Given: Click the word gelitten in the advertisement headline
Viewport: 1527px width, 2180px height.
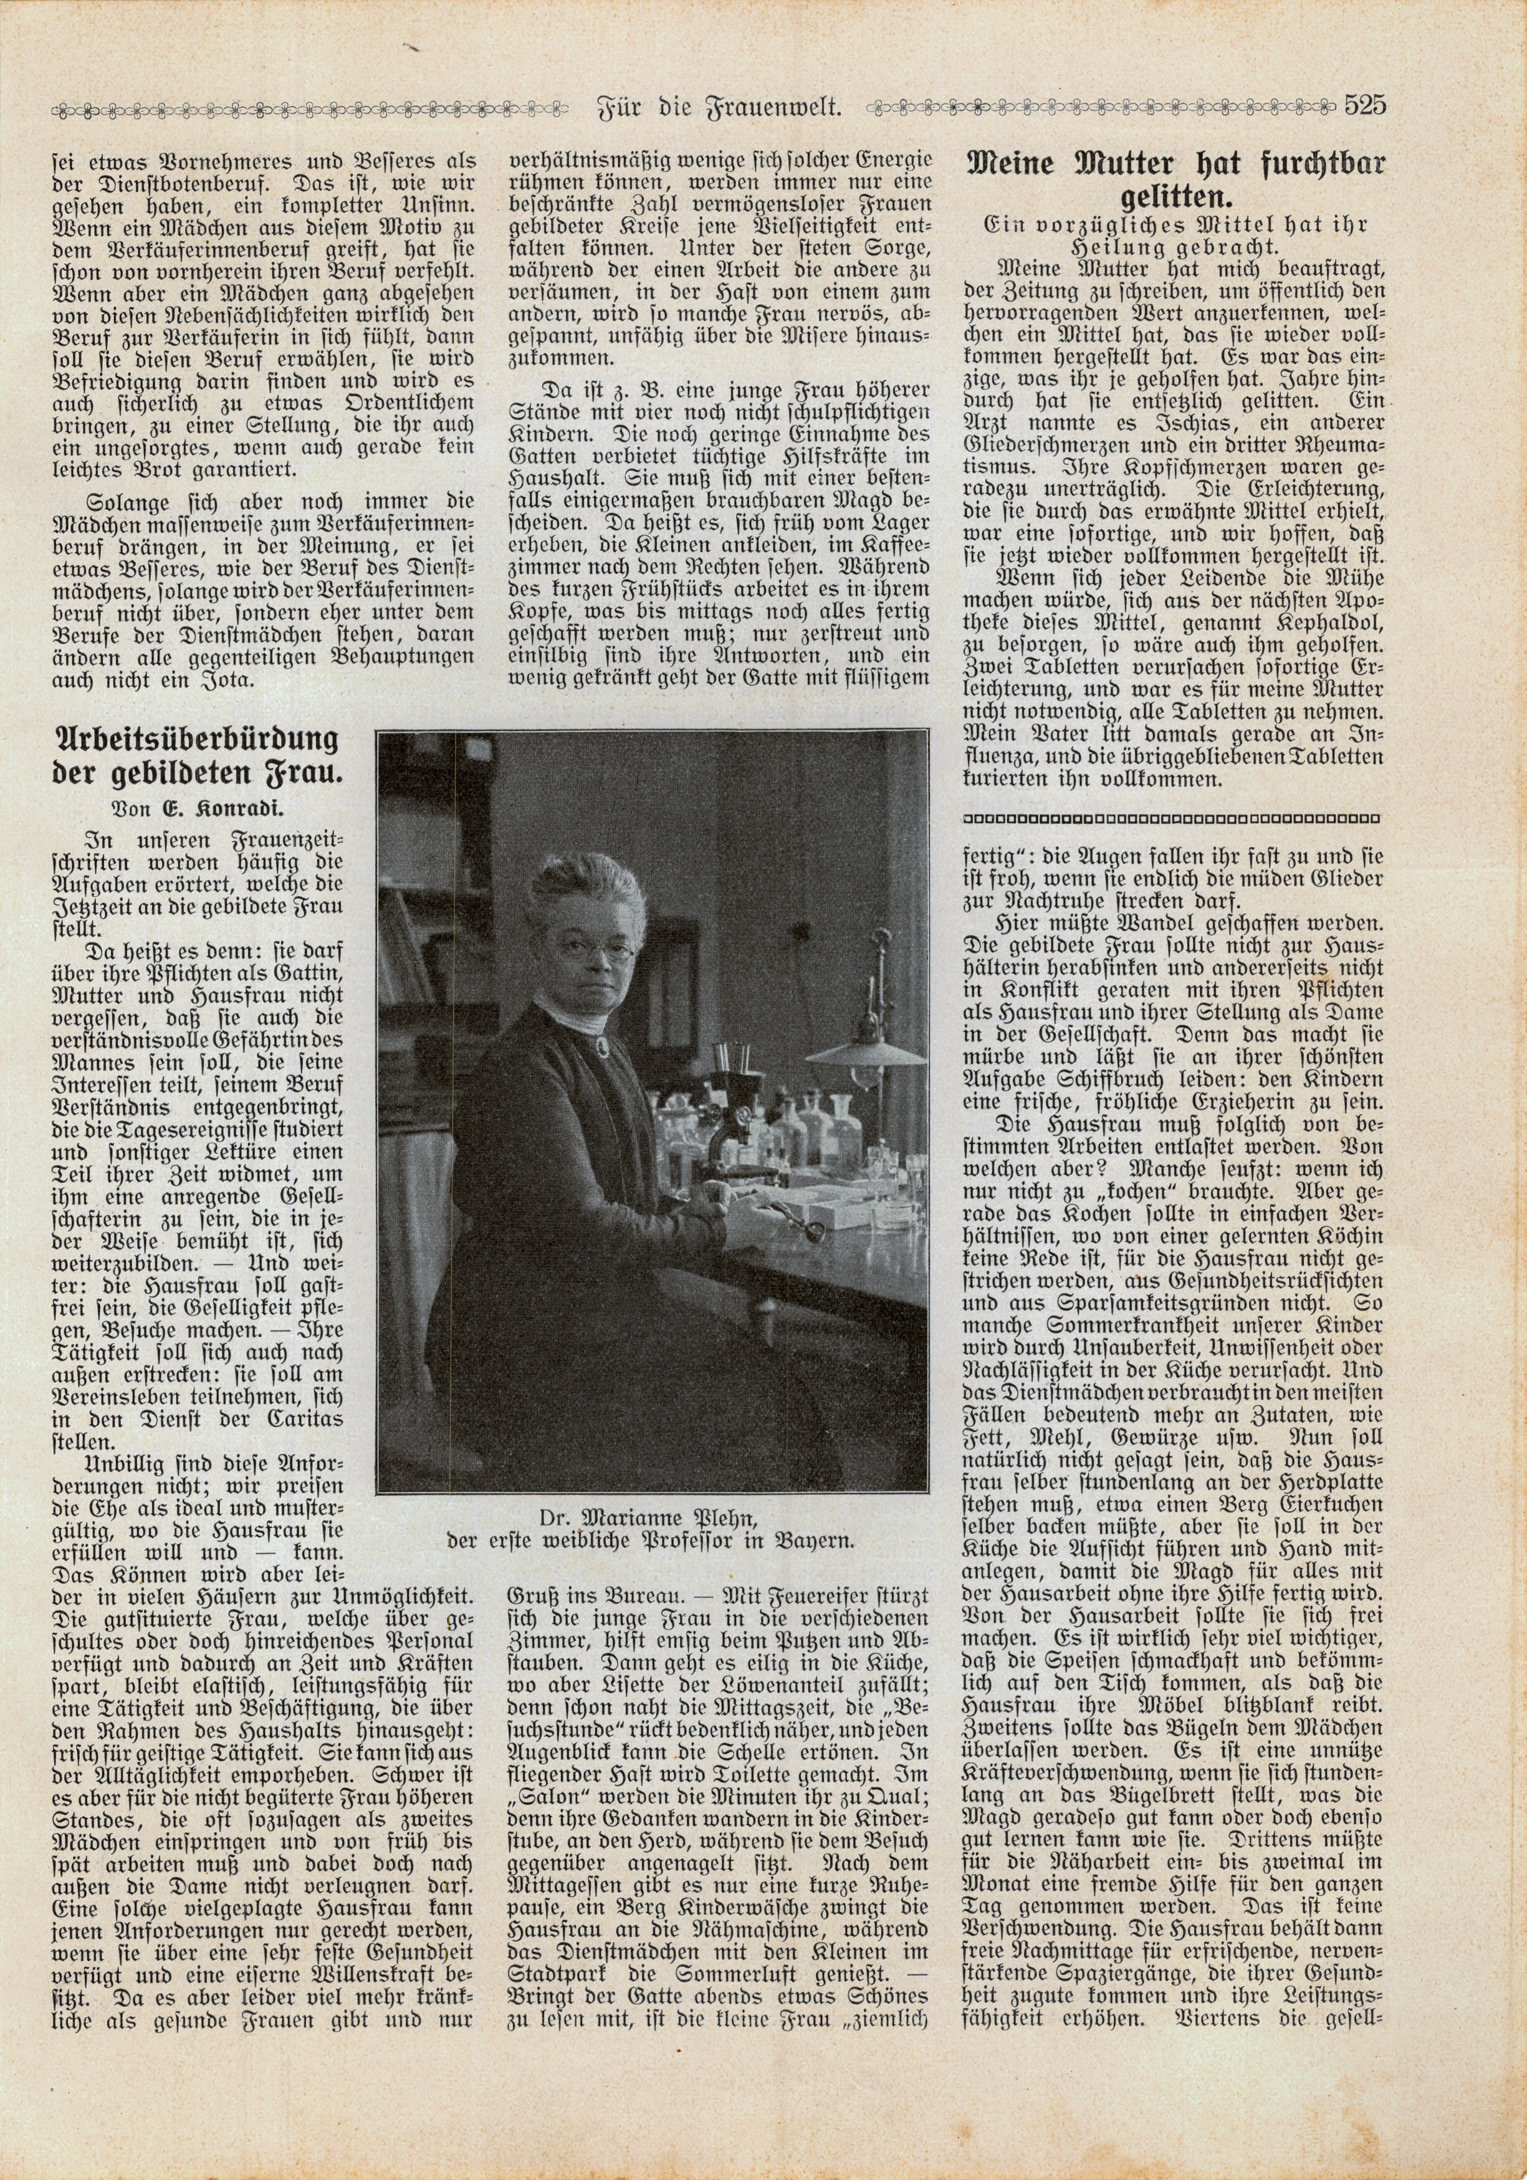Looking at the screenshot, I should click(1175, 198).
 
